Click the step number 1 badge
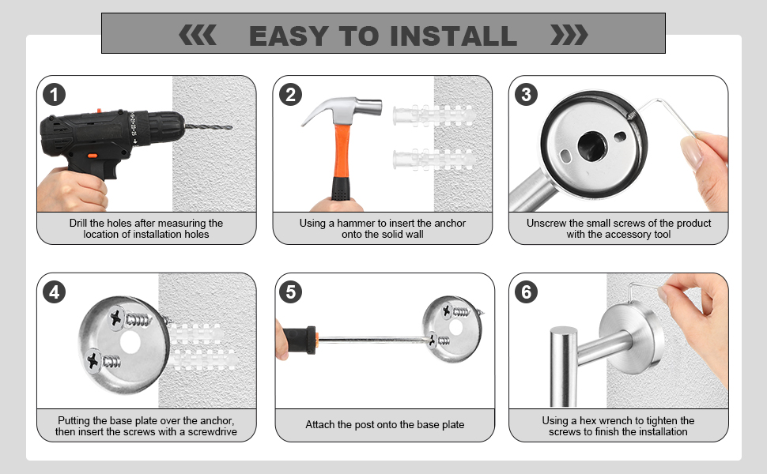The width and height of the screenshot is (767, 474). (x=54, y=95)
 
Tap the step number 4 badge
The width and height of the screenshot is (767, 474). (x=54, y=292)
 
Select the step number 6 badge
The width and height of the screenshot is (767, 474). (x=527, y=292)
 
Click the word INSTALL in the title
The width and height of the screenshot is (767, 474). (x=453, y=36)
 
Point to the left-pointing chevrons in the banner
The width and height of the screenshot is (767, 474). (x=197, y=36)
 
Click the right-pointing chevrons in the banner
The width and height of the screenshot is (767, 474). (x=569, y=36)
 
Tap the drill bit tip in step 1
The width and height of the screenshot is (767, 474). (x=230, y=127)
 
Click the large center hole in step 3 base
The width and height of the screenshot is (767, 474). (x=592, y=145)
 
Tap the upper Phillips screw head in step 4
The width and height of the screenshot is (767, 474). (x=116, y=318)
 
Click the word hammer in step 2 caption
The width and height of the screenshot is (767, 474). (x=357, y=224)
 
